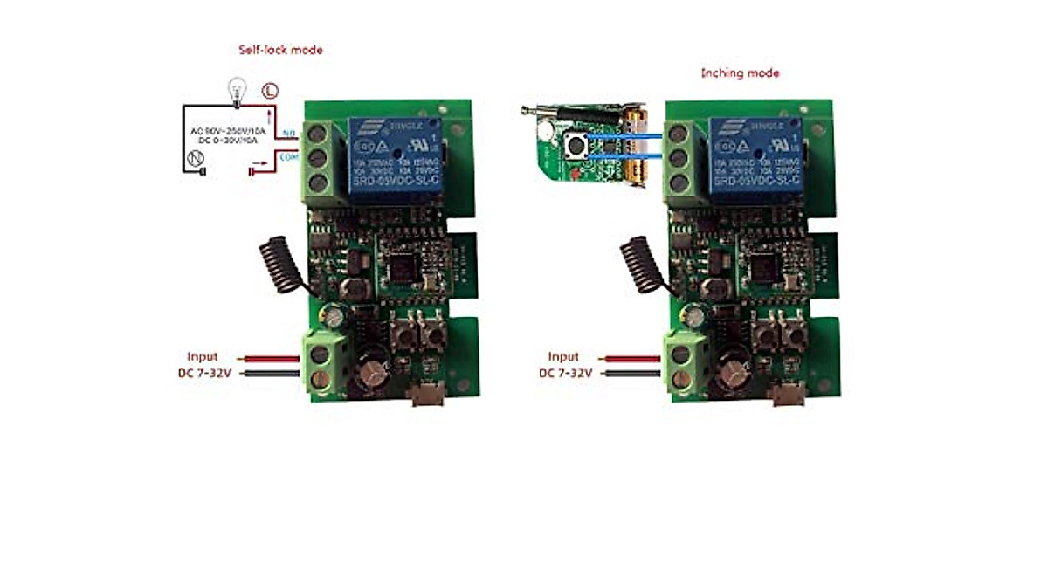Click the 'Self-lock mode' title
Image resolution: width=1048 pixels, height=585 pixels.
[x=280, y=50]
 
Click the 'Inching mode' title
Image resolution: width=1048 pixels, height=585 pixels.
[x=740, y=73]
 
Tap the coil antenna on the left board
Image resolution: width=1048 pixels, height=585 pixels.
[x=280, y=261]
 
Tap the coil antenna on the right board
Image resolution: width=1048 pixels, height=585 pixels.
[x=643, y=261]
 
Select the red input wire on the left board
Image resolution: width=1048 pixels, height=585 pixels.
[x=273, y=358]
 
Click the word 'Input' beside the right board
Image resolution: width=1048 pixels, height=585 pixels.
[x=563, y=356]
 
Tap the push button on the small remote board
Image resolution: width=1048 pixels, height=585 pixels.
[x=577, y=146]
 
